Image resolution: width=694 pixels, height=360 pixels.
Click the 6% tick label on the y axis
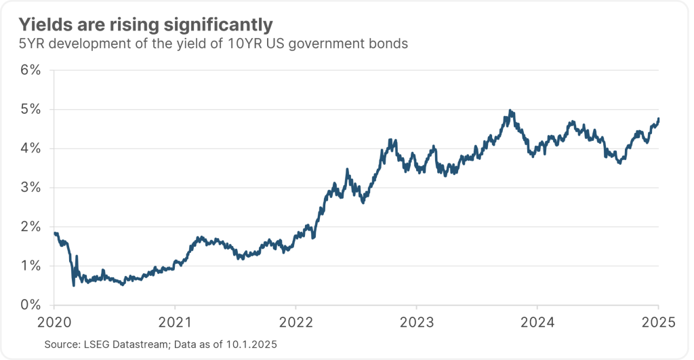tap(32, 70)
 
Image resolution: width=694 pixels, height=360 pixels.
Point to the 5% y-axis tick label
tap(32, 109)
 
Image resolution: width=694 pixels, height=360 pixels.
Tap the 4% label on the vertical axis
tap(32, 148)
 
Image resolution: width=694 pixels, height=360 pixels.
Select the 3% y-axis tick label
tap(32, 187)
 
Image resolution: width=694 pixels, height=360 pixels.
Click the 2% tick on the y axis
tap(32, 226)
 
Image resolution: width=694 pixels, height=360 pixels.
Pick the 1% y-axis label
tap(32, 266)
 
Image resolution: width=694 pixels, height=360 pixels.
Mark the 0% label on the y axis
tap(32, 305)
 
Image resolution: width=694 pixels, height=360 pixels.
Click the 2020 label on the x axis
tap(54, 321)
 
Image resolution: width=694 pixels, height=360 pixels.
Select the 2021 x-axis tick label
tap(175, 321)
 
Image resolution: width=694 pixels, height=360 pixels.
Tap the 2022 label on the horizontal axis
tap(295, 321)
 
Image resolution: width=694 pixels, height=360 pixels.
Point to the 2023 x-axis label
tap(417, 321)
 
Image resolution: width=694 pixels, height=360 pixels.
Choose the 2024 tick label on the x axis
tap(537, 321)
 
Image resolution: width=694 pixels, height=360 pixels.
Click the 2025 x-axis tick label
tap(658, 321)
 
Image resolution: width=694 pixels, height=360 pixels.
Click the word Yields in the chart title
tap(40, 25)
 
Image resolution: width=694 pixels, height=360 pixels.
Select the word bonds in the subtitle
tap(387, 45)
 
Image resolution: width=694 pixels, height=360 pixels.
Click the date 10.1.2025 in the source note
tap(250, 345)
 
